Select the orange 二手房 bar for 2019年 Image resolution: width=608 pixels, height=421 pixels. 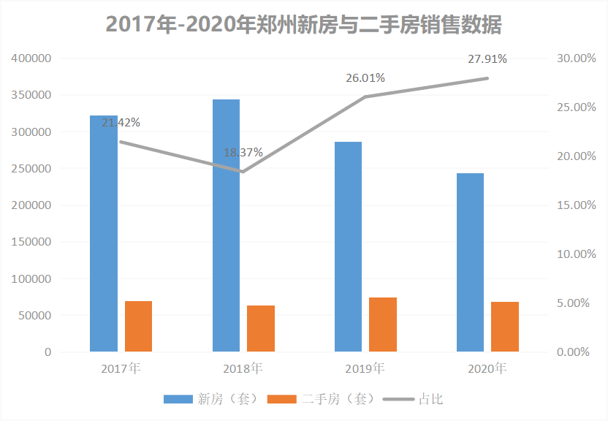pyautogui.click(x=382, y=325)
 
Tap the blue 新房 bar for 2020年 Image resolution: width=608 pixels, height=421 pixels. pyautogui.click(x=470, y=262)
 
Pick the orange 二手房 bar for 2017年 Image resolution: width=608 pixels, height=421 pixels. pyautogui.click(x=138, y=326)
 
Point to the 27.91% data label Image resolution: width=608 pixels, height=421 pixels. pyautogui.click(x=487, y=58)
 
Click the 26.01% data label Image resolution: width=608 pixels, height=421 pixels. pyautogui.click(x=365, y=78)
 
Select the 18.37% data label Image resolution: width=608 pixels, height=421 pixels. pyautogui.click(x=243, y=153)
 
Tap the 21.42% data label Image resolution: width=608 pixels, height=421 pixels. pyautogui.click(x=121, y=122)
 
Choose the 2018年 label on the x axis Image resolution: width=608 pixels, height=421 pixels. pyautogui.click(x=243, y=368)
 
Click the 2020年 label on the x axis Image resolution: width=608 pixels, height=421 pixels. pyautogui.click(x=487, y=368)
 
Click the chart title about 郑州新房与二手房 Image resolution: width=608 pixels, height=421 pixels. pyautogui.click(x=304, y=24)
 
